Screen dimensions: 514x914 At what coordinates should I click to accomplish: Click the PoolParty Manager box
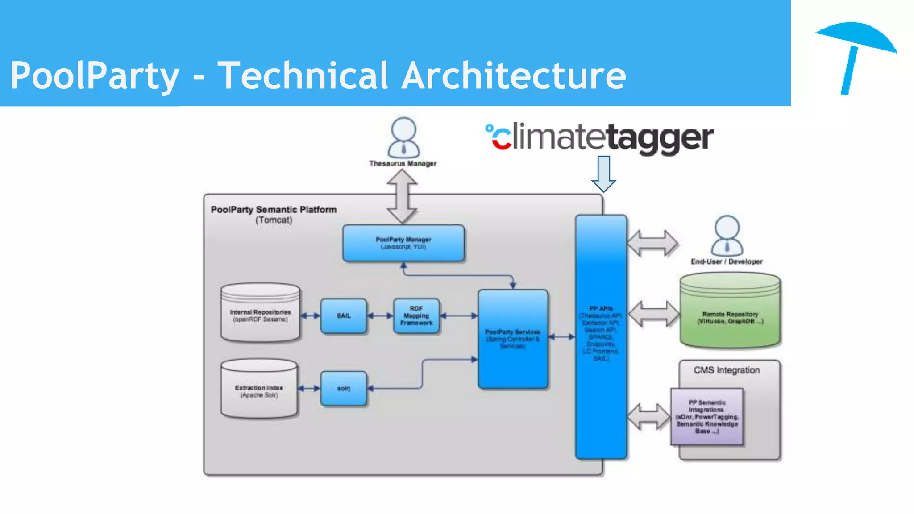click(403, 243)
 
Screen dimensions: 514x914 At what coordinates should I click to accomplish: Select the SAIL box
click(343, 316)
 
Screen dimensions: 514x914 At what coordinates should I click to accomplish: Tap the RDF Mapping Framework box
click(416, 316)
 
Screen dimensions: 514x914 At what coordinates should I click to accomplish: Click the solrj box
click(343, 389)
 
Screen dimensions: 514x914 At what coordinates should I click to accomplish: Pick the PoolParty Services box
click(512, 339)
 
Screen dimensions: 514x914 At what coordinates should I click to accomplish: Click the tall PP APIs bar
click(601, 337)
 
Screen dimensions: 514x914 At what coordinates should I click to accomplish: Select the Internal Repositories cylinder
click(260, 313)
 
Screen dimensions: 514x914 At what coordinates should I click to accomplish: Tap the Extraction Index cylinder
click(259, 389)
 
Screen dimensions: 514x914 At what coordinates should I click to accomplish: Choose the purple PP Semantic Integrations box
click(706, 417)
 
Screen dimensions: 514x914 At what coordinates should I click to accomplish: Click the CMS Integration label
click(726, 370)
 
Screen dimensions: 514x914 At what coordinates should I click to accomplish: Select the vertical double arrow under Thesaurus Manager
click(402, 196)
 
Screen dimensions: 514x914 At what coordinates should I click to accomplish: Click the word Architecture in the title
click(513, 76)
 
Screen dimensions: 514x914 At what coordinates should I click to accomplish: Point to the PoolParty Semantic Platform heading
click(274, 210)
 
